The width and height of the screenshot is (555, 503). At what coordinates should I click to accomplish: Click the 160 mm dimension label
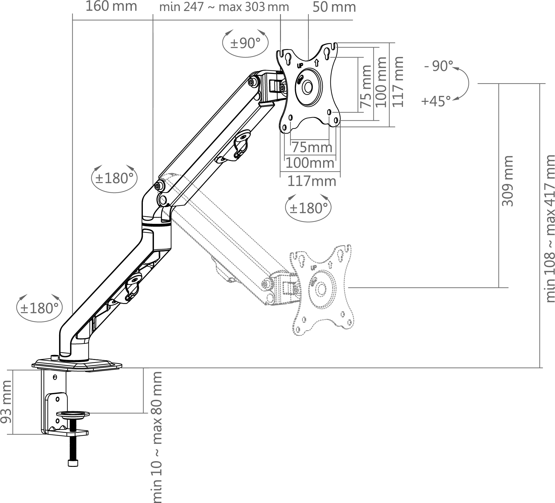coord(111,6)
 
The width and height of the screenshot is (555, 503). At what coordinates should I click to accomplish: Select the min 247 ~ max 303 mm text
coord(224,7)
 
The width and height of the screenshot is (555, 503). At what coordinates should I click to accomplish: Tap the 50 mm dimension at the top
coord(334,7)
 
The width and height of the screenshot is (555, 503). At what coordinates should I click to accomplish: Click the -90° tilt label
coord(439,66)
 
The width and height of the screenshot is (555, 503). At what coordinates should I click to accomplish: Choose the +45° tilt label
coord(436,101)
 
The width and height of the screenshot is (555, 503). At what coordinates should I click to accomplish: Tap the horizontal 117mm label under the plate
coord(311,181)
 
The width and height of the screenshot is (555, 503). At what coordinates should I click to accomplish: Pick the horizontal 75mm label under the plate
coord(312,147)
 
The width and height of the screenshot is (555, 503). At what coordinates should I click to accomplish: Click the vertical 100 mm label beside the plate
coord(381,82)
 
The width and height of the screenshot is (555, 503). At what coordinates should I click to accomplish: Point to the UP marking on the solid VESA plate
coord(300,66)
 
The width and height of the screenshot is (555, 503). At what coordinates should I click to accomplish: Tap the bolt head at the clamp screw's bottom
coord(73,463)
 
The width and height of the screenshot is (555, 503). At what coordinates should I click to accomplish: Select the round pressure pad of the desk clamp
coord(73,414)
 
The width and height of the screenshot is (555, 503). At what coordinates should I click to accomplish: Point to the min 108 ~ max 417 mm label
coord(549,233)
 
